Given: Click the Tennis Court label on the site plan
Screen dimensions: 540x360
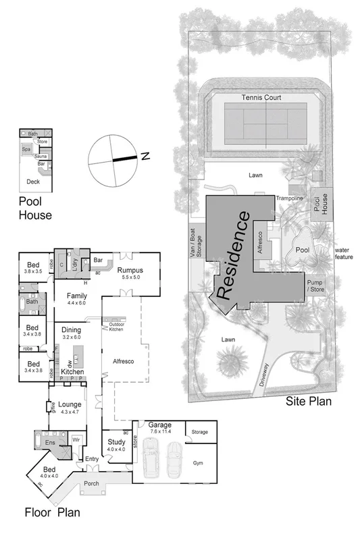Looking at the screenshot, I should [261, 98].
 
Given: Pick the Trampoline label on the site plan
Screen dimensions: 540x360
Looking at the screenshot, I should [289, 198].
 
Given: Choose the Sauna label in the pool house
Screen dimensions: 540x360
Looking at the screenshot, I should [41, 155].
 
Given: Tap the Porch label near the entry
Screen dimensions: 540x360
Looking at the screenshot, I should [91, 484].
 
